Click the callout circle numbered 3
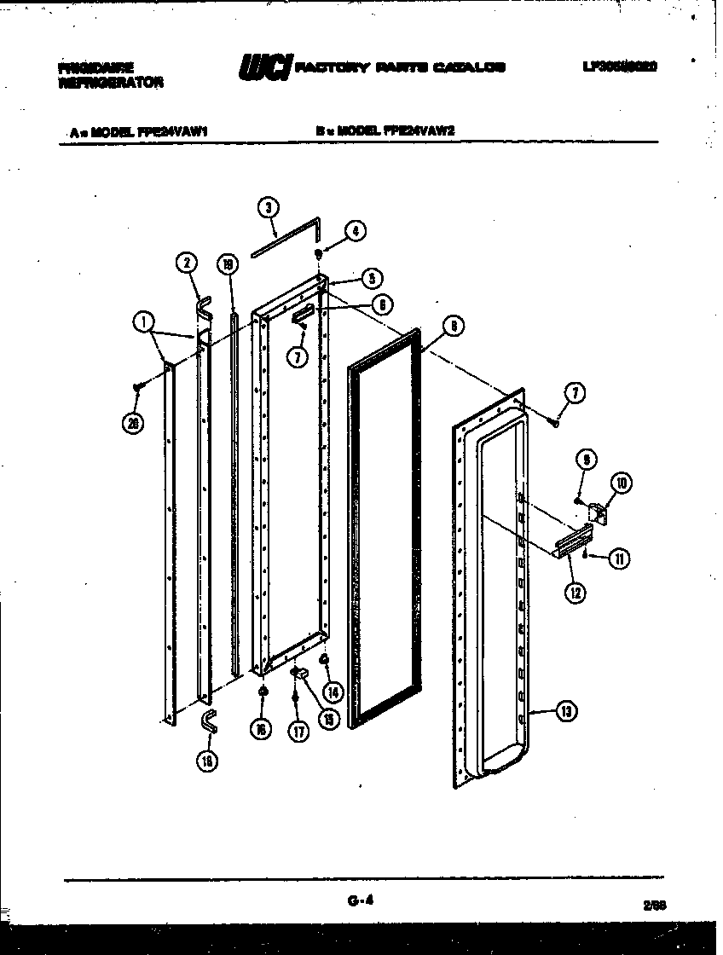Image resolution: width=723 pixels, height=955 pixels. (268, 206)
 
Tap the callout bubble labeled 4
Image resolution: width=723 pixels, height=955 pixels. (355, 230)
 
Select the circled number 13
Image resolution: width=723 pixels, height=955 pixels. (566, 712)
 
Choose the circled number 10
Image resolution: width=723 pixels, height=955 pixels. (621, 483)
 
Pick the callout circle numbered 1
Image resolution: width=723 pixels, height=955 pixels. (144, 321)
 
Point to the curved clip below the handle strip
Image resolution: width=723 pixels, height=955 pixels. (208, 721)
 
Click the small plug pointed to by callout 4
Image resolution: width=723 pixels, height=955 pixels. (319, 253)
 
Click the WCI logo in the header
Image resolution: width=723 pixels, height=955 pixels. (266, 67)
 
